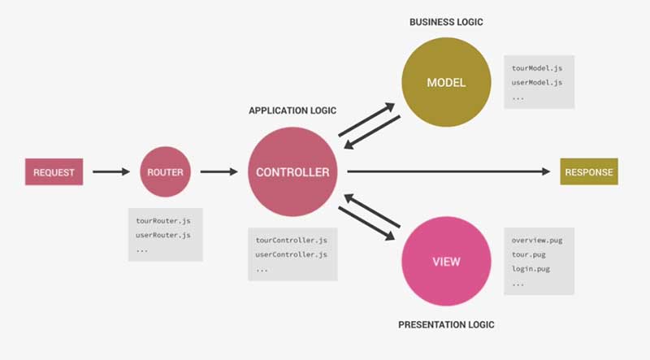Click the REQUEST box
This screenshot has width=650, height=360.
[54, 172]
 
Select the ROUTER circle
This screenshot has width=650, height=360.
[165, 172]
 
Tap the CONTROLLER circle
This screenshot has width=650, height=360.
[292, 172]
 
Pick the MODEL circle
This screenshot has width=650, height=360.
[446, 83]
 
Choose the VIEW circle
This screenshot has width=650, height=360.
[446, 262]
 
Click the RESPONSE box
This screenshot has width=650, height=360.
[588, 172]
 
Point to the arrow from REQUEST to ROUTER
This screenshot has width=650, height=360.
[110, 172]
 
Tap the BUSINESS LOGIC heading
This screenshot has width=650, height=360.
[446, 22]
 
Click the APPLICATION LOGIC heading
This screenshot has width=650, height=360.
[292, 111]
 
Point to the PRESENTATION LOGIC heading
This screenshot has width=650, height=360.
[446, 325]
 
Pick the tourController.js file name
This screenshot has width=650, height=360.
[291, 241]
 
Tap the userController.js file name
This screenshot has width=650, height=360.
[291, 254]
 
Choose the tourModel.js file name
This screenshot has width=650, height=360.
[536, 68]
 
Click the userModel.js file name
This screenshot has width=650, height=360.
[536, 82]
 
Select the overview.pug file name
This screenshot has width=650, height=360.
[536, 241]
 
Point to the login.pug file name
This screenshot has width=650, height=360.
[533, 268]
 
